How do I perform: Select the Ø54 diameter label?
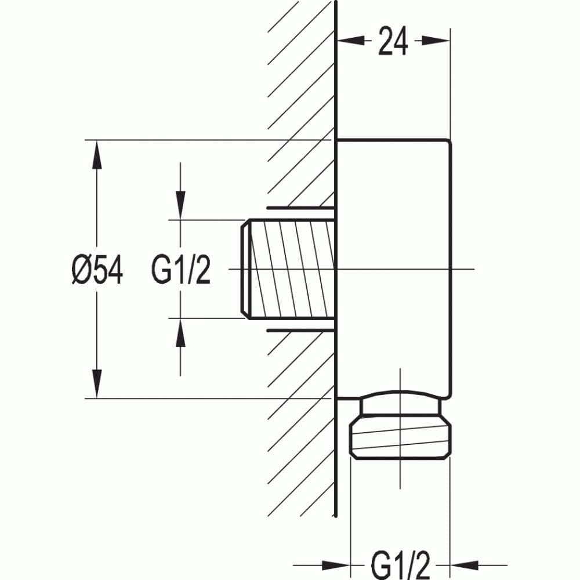point(97,270)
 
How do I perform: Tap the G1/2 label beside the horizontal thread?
point(181,270)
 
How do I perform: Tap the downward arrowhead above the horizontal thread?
point(180,206)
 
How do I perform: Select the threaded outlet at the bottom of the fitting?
point(400,439)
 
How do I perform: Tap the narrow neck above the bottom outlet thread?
point(400,407)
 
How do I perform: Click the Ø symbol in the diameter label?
point(81,270)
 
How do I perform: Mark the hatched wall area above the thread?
point(302,116)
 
